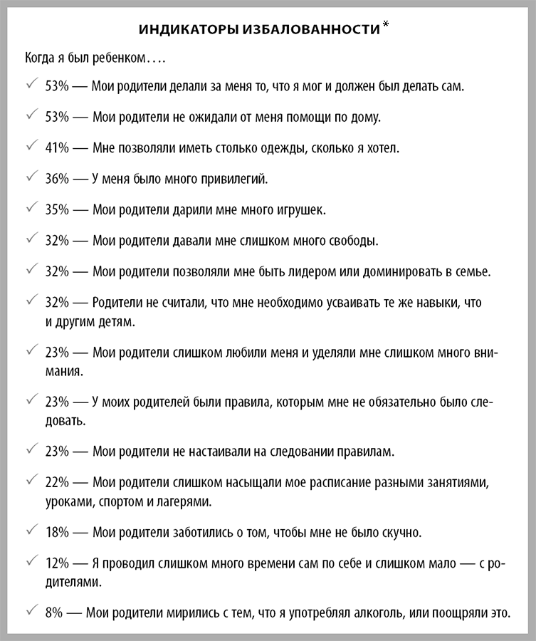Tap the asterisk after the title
(x=386, y=26)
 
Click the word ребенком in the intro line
(x=125, y=56)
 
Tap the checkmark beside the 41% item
(x=31, y=147)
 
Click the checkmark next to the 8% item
(x=31, y=610)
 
